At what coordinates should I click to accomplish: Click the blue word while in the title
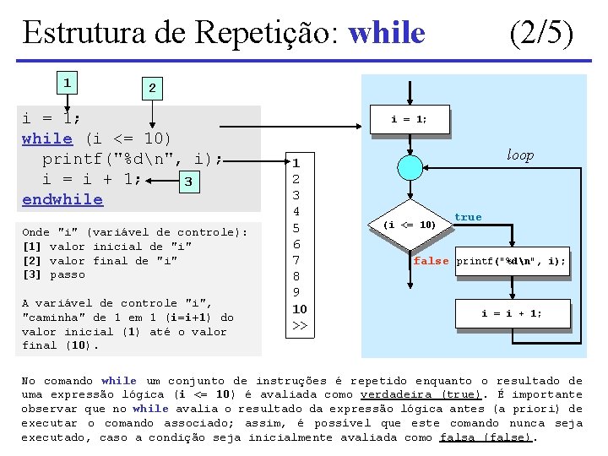tap(387, 33)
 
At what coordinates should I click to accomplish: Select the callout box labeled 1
tap(66, 83)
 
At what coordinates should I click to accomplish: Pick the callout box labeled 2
tap(151, 88)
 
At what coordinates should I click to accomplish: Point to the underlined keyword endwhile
tap(62, 200)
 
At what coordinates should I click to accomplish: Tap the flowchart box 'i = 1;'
tap(410, 120)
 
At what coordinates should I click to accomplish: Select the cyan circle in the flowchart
tap(410, 166)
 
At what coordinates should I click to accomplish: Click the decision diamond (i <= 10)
tap(410, 225)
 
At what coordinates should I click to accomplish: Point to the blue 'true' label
tap(468, 217)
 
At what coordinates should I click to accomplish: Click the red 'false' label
tap(431, 261)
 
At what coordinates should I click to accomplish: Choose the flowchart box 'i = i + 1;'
tap(512, 313)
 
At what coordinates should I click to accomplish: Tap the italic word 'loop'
tap(520, 155)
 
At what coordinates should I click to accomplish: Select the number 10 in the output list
tap(299, 309)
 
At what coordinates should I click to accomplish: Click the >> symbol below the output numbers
tap(299, 325)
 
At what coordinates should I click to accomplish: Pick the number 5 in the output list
tap(296, 228)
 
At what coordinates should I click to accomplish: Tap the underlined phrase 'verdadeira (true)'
tap(409, 394)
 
